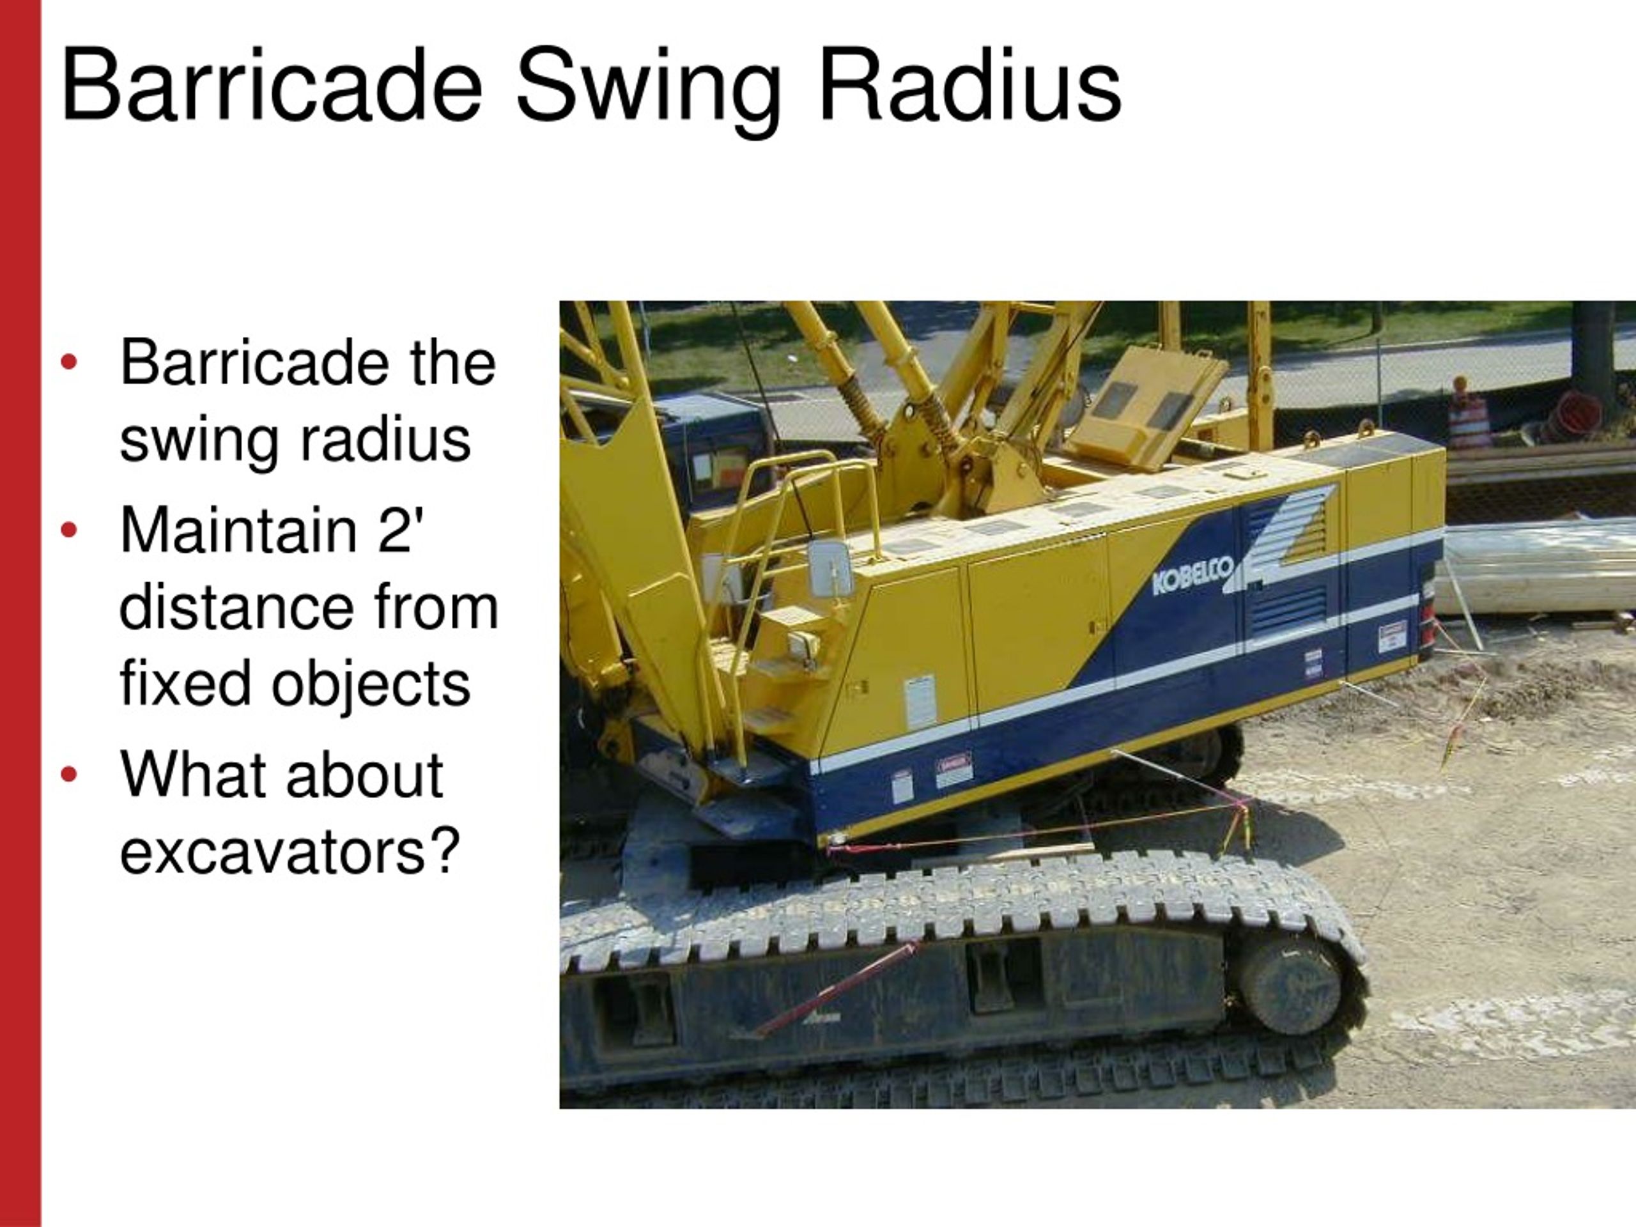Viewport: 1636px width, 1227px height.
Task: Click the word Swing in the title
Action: pos(648,88)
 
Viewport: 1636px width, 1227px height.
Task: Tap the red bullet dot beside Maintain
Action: pos(69,530)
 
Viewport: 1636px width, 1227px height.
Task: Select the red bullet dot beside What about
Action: pos(69,775)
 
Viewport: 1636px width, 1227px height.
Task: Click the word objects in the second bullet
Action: pos(370,684)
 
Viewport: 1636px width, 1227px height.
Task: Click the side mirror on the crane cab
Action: pos(830,568)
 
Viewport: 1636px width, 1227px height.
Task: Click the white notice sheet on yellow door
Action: pos(920,700)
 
